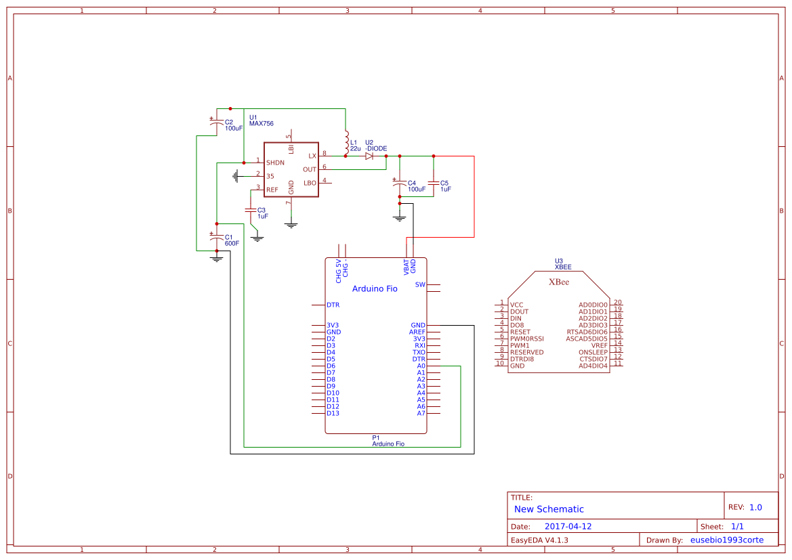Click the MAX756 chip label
point(262,123)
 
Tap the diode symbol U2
point(369,156)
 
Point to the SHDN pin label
point(275,163)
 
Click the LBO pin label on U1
point(310,183)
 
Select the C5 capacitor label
point(444,183)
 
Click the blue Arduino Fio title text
point(375,288)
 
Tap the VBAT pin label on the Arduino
point(407,266)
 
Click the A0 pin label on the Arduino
point(421,366)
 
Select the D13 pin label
point(333,413)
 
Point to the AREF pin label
point(417,332)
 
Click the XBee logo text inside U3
point(558,282)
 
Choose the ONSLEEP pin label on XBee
point(593,352)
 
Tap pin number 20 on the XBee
point(617,302)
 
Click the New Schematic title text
point(549,509)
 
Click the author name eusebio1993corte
point(726,540)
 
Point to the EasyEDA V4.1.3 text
point(539,540)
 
